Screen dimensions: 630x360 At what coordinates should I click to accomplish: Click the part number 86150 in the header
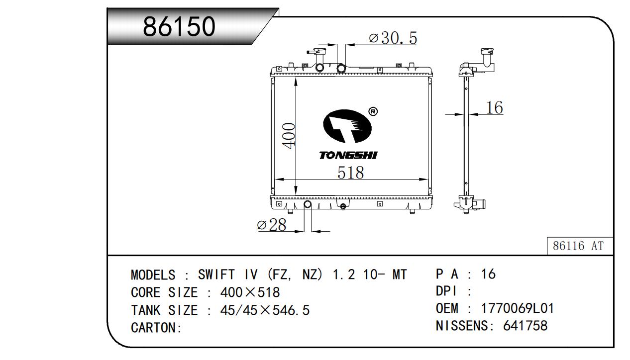coord(179,26)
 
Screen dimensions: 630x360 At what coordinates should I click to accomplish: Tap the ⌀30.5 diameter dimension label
coord(393,38)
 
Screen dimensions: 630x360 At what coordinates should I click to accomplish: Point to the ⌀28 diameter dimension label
coord(272,225)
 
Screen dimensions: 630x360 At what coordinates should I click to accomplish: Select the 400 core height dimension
coord(289,135)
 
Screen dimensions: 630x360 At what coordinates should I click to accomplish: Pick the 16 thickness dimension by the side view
coord(495,107)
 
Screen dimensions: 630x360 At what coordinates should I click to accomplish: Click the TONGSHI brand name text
coord(348,156)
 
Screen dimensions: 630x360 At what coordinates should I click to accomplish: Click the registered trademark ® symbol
coord(373,111)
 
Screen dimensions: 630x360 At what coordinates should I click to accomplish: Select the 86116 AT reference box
coord(580,246)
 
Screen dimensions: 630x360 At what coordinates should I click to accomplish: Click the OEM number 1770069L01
coord(518,308)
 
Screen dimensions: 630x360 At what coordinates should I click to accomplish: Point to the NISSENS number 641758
coord(525,326)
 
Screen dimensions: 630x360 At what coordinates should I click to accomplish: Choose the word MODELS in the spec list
coord(153,274)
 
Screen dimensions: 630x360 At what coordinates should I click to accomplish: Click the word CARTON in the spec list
coord(153,327)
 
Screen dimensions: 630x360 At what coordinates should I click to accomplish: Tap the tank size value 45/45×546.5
coord(265,310)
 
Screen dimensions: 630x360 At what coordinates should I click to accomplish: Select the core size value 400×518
coord(250,292)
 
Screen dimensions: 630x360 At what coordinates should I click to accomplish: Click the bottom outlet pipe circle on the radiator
coord(308,204)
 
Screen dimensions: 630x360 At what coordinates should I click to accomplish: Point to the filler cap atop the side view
coord(487,52)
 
